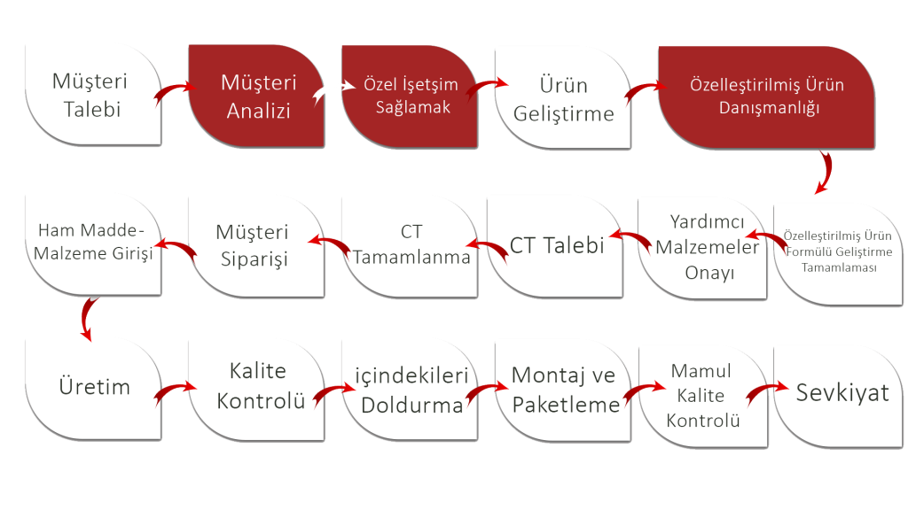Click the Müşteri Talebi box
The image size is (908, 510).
[x=89, y=96]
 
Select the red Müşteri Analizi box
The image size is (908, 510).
[x=258, y=97]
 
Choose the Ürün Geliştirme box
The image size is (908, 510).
[x=564, y=98]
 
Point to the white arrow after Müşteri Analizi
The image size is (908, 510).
[x=329, y=89]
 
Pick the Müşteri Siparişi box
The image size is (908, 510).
[x=253, y=245]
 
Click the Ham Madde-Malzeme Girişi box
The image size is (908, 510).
[x=94, y=241]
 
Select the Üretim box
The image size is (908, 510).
[x=94, y=387]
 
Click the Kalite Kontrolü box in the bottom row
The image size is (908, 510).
[x=256, y=386]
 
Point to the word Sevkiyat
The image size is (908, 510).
[x=841, y=392]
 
